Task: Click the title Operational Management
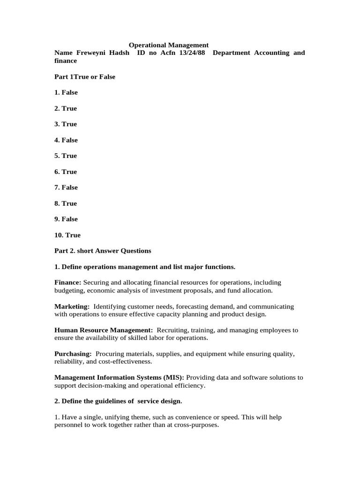click(169, 45)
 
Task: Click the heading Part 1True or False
click(85, 77)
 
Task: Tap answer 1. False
click(66, 93)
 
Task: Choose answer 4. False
click(66, 140)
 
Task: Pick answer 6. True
click(66, 172)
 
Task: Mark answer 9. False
click(66, 219)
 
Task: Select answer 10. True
click(67, 235)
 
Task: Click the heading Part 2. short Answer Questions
click(103, 251)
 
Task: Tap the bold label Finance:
click(68, 283)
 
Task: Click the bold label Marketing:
click(72, 307)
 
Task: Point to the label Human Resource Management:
click(104, 330)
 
